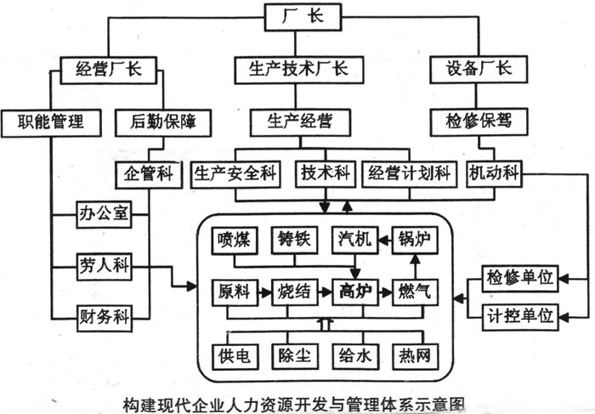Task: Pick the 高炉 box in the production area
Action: (x=353, y=291)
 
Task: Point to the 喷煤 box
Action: (x=235, y=241)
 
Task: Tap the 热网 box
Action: (x=413, y=354)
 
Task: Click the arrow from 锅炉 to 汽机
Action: (x=383, y=241)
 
